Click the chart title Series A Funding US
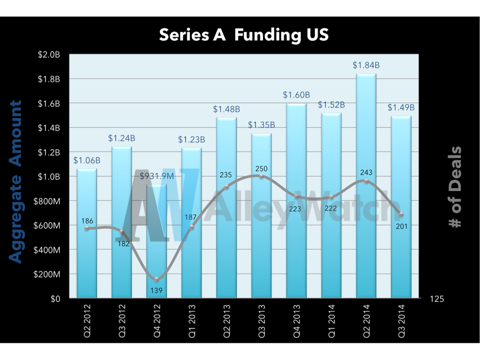pyautogui.click(x=243, y=35)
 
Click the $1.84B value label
pyautogui.click(x=366, y=65)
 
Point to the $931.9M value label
pyautogui.click(x=156, y=176)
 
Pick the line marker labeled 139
pyautogui.click(x=157, y=280)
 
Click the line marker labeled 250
pyautogui.click(x=261, y=176)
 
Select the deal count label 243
pyautogui.click(x=366, y=172)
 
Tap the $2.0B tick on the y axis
pyautogui.click(x=49, y=54)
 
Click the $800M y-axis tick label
pyautogui.click(x=48, y=201)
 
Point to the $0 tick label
pyautogui.click(x=55, y=299)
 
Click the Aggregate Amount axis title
pyautogui.click(x=15, y=182)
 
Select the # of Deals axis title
pyautogui.click(x=455, y=187)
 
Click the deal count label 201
pyautogui.click(x=401, y=226)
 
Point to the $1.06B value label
pyautogui.click(x=87, y=160)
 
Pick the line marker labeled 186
pyautogui.click(x=87, y=228)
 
